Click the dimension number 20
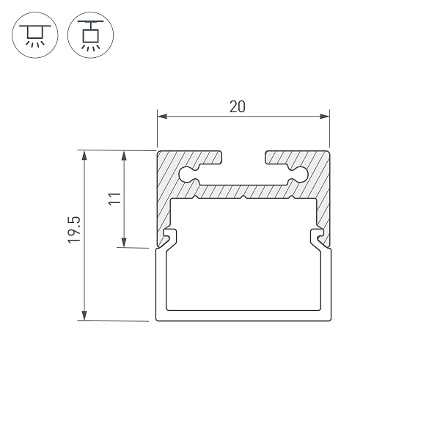point(238,106)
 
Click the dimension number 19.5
point(74,230)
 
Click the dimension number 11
point(114,199)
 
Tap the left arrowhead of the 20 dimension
point(162,116)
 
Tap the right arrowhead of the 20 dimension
point(325,116)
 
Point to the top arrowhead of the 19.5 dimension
point(84,155)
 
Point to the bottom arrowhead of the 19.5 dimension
point(84,315)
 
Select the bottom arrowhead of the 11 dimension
point(124,243)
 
